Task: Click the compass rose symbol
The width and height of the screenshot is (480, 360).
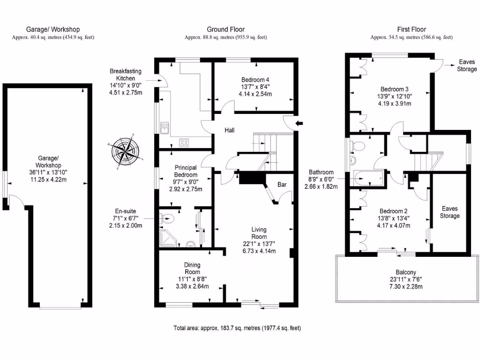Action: pyautogui.click(x=125, y=150)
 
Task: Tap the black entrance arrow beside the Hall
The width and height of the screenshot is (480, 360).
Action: pyautogui.click(x=300, y=123)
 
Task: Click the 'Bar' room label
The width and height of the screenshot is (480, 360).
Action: pyautogui.click(x=282, y=185)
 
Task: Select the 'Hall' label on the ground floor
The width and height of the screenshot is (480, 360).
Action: pyautogui.click(x=229, y=130)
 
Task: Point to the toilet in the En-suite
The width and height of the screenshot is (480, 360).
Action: pyautogui.click(x=167, y=218)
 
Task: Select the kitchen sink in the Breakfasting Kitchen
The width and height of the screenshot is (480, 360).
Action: pyautogui.click(x=165, y=127)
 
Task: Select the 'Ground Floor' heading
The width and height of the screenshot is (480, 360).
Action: pyautogui.click(x=225, y=30)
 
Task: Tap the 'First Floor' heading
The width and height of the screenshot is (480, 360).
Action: pyautogui.click(x=411, y=30)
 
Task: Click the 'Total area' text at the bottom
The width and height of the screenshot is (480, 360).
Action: pyautogui.click(x=237, y=328)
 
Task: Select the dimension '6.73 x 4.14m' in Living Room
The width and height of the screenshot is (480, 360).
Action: pyautogui.click(x=259, y=251)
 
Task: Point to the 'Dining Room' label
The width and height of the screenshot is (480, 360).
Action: pyautogui.click(x=192, y=268)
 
